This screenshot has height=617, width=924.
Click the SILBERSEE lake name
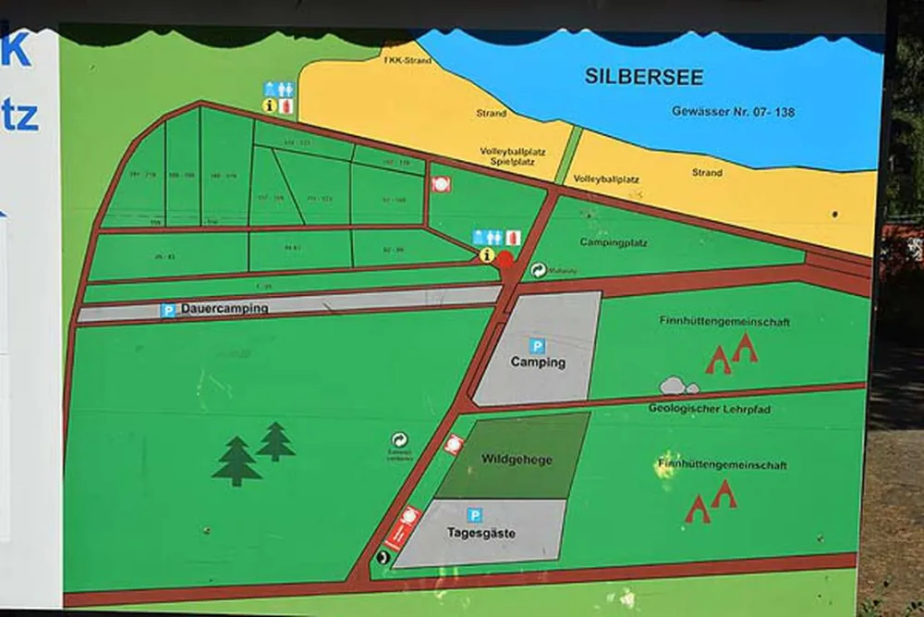click(x=643, y=77)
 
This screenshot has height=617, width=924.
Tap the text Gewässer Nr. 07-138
click(x=733, y=111)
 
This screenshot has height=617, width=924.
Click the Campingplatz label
click(x=613, y=243)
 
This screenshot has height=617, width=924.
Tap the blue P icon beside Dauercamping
click(x=167, y=310)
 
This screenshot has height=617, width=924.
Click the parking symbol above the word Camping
click(x=537, y=345)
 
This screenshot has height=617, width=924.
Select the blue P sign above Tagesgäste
click(x=474, y=515)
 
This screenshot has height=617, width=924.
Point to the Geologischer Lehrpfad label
click(x=709, y=408)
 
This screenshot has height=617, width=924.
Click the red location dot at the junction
click(x=505, y=259)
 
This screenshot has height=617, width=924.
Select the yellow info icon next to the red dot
click(x=487, y=254)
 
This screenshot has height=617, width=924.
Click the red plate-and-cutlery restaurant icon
click(x=441, y=184)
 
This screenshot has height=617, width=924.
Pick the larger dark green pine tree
click(x=237, y=462)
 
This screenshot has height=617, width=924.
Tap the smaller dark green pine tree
click(x=275, y=441)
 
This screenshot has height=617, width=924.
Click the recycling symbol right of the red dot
click(x=538, y=270)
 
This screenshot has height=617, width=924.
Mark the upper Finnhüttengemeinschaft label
click(x=724, y=322)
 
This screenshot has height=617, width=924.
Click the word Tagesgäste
click(x=480, y=534)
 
